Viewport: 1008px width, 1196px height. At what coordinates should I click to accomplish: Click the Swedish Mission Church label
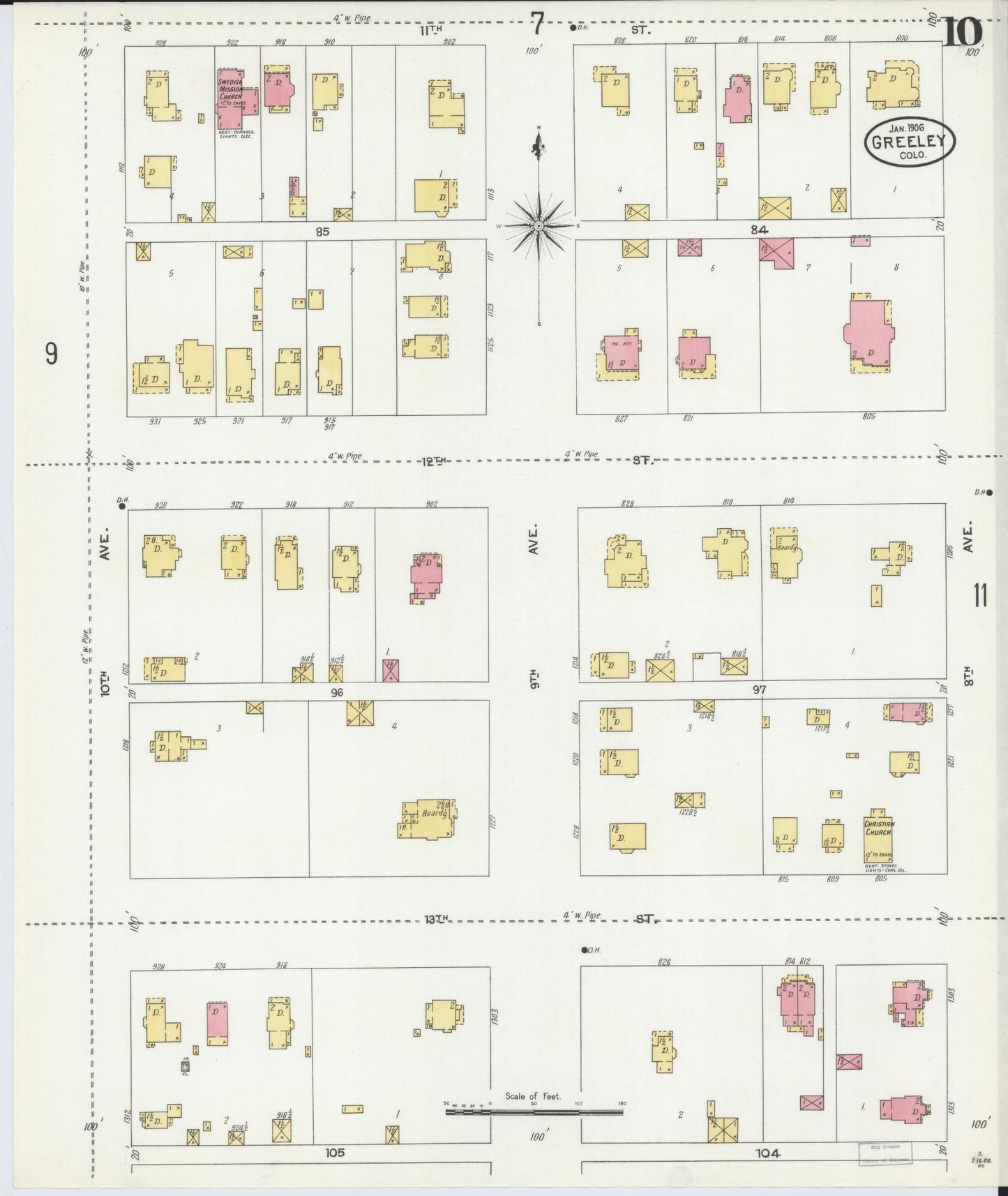(231, 91)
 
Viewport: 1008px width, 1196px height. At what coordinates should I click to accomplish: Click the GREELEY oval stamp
(909, 142)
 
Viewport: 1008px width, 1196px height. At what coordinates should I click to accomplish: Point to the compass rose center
(539, 226)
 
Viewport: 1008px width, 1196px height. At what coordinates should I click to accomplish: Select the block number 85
(322, 231)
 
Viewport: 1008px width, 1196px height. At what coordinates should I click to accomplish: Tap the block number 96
(338, 692)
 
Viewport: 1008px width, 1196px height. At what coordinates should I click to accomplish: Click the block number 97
(759, 690)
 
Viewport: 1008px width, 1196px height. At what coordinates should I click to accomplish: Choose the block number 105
(335, 1153)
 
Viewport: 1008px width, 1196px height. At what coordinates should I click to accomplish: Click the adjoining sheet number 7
(536, 25)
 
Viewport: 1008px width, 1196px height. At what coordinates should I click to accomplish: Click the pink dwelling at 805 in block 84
(868, 331)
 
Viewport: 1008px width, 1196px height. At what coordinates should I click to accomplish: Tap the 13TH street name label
(435, 920)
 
